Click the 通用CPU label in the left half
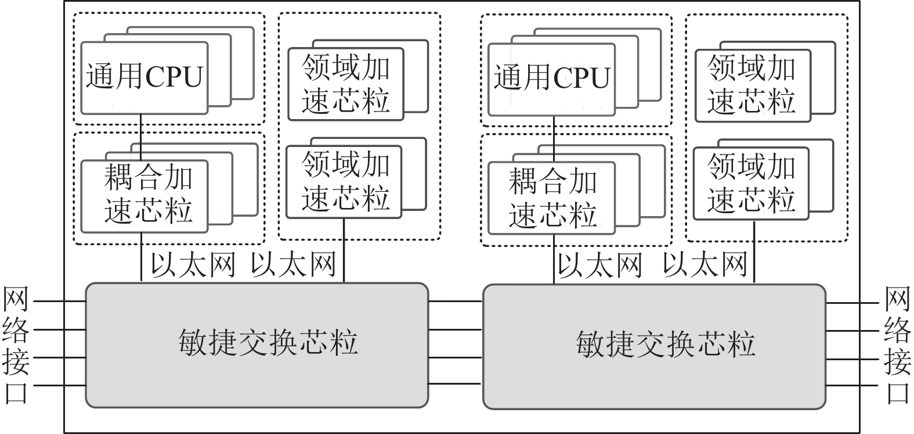[144, 77]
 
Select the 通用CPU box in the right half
[552, 79]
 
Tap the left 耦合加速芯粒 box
[145, 196]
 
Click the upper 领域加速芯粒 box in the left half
[346, 85]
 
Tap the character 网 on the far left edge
[16, 300]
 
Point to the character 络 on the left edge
[16, 330]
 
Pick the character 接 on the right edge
[898, 362]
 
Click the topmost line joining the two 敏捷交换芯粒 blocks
[456, 302]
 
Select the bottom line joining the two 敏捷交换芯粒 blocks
[456, 384]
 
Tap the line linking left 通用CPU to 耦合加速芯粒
[141, 137]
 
